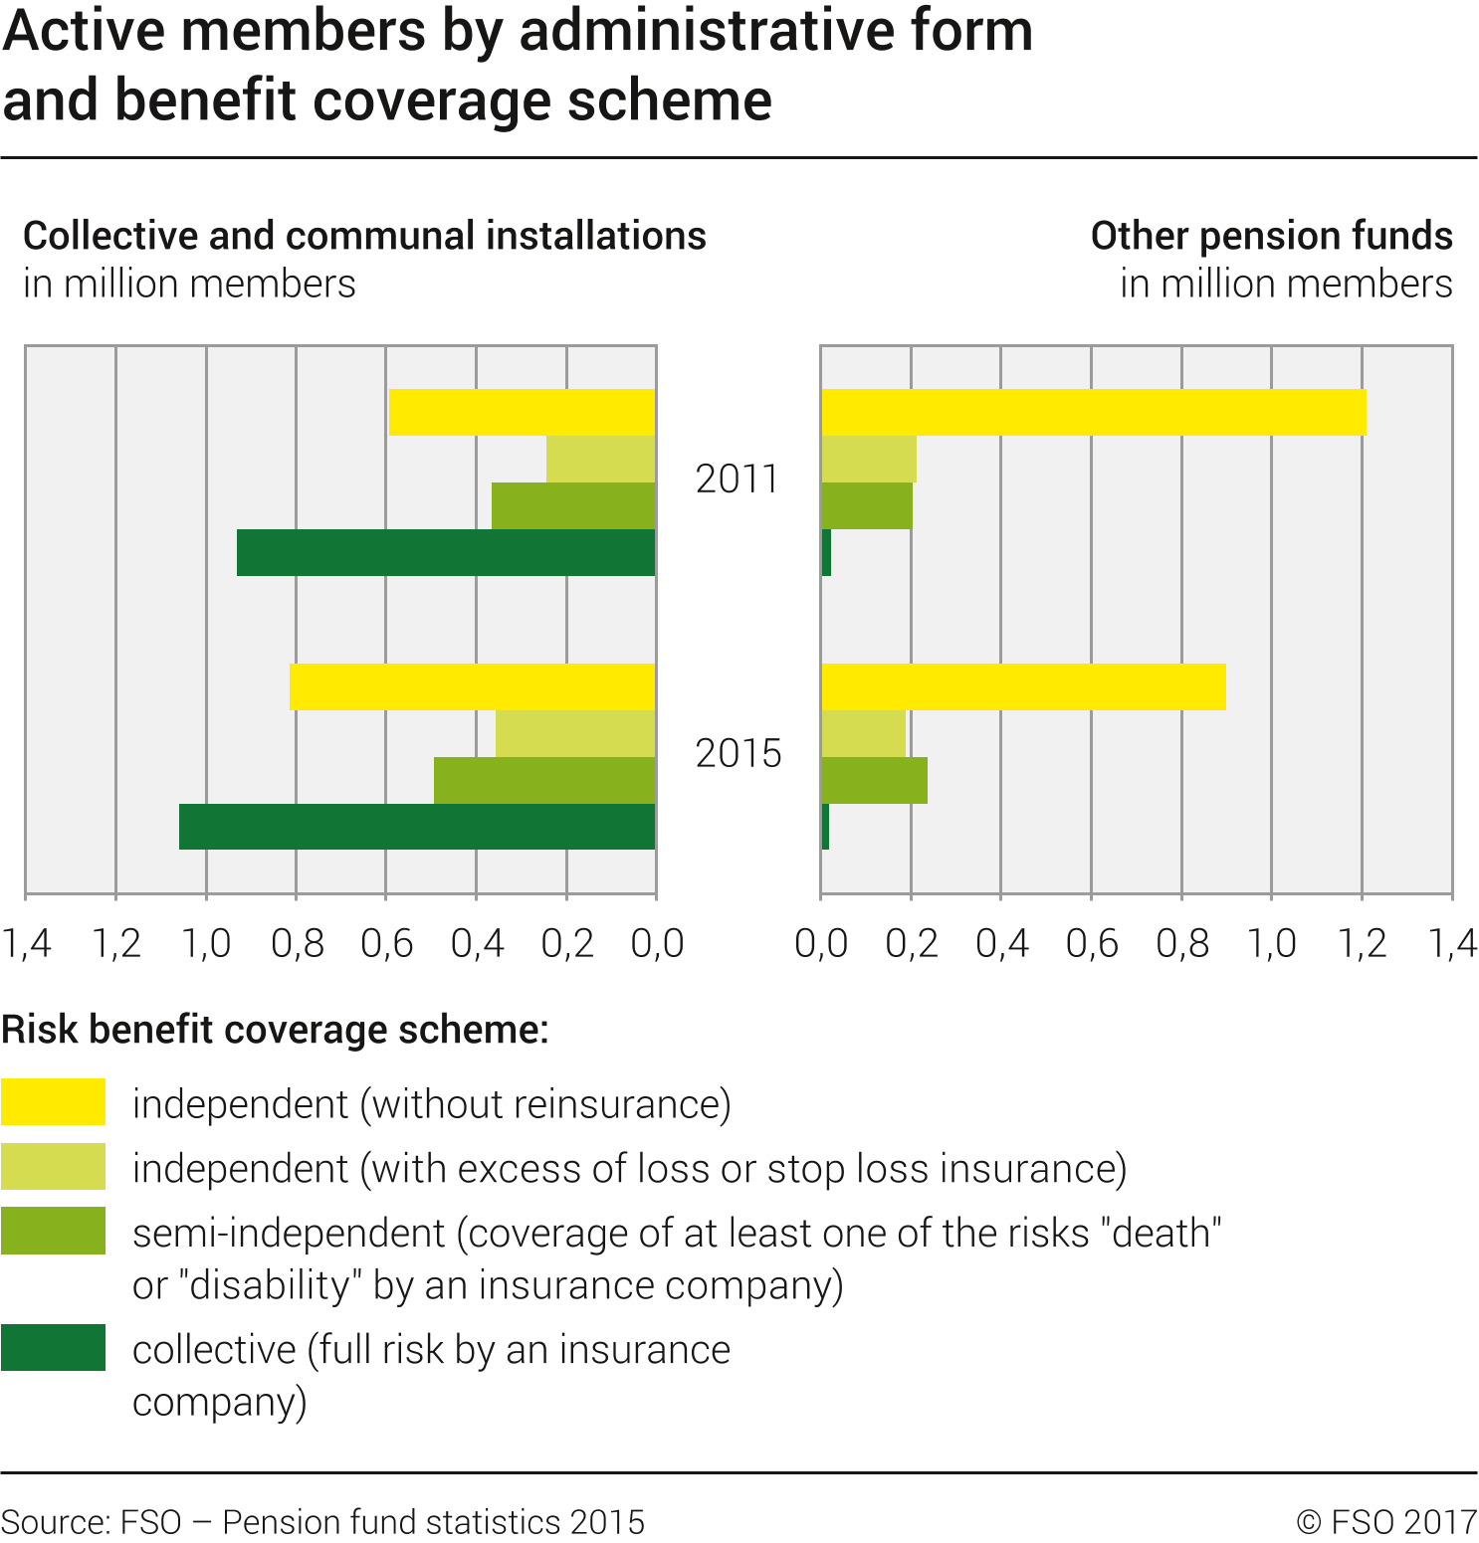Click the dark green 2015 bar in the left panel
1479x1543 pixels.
pos(417,827)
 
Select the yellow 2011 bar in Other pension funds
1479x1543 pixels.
pos(1094,413)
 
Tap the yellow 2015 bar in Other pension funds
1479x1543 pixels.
pos(1023,686)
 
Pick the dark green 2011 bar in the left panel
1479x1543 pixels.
pos(446,553)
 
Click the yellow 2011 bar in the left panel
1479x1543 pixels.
pos(522,413)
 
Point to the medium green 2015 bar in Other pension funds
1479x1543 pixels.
pos(875,780)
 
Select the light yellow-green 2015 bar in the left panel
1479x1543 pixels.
pos(575,733)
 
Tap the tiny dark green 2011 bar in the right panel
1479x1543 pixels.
pos(826,553)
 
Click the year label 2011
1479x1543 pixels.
pos(737,480)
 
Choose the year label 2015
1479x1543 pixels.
pos(738,754)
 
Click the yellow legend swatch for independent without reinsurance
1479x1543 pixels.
pos(54,1102)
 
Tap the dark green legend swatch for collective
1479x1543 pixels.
pos(54,1348)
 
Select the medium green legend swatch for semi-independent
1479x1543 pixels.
pos(54,1231)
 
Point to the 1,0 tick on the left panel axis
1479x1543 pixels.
pos(206,943)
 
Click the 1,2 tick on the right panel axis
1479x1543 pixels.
pos(1362,943)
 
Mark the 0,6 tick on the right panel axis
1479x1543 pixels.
pos(1092,943)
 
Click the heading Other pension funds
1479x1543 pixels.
pos(1271,237)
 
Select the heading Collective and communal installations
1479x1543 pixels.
pos(364,237)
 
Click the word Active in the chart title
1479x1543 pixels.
pos(85,32)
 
